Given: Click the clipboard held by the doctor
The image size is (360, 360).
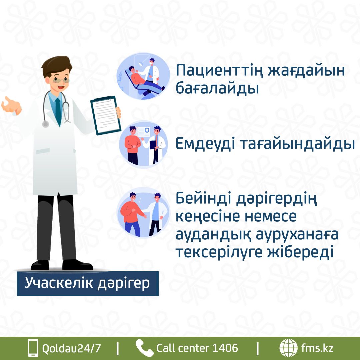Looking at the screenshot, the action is click(106, 115).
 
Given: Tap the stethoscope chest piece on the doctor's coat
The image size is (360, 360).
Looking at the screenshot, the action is click(45, 124).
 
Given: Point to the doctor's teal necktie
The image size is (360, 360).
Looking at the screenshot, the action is click(58, 112).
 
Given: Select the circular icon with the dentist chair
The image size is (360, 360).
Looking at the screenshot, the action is click(143, 76).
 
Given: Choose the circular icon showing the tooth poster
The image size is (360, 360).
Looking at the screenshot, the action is click(143, 145).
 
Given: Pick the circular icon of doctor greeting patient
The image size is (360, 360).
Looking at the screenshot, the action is click(143, 213).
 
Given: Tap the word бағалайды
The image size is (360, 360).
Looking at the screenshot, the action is click(217, 88).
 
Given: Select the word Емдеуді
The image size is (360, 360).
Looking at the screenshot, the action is click(205, 144).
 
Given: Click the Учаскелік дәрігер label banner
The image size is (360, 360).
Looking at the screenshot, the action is click(88, 284).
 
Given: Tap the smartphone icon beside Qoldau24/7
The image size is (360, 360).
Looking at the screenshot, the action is click(33, 348).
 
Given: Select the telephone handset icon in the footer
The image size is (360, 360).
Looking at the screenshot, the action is click(144, 348).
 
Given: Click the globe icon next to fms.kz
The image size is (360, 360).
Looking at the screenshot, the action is click(288, 348).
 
